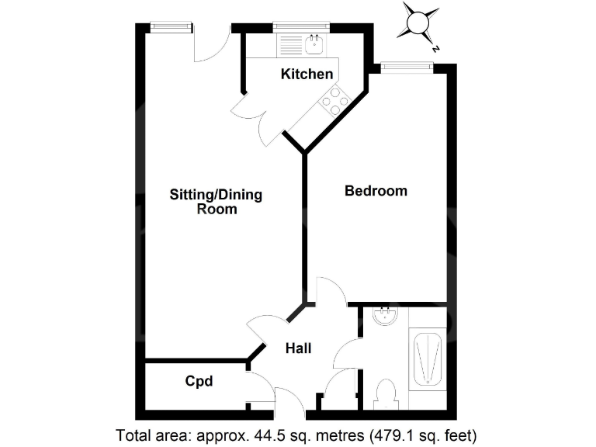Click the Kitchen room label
coord(307,74)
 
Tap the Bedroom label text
coord(376,191)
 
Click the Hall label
coord(298,348)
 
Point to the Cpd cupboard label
coord(199,382)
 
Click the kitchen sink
coord(314,45)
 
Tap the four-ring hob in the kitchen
coord(335,101)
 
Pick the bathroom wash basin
coord(385,316)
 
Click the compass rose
coord(416,24)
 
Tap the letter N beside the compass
coord(437,48)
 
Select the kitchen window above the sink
coord(301,27)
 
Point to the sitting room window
coord(171,27)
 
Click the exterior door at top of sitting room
coord(211,45)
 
